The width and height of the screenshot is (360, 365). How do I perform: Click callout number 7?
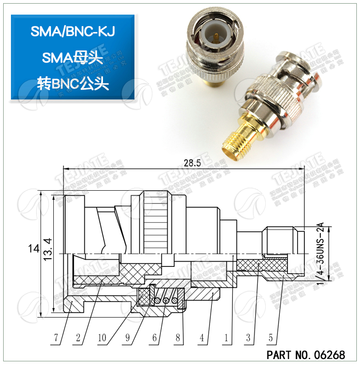click(x=57, y=338)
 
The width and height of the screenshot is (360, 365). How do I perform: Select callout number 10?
click(x=102, y=338)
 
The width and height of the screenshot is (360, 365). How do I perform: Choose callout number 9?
click(x=128, y=338)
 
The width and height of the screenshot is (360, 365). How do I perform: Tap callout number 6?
click(x=154, y=338)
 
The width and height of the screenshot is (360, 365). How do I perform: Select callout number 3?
click(x=248, y=338)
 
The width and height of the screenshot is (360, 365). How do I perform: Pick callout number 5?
click(x=271, y=338)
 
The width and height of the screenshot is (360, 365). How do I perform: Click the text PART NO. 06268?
click(x=306, y=355)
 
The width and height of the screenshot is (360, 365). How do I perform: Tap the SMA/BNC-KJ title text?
click(x=72, y=31)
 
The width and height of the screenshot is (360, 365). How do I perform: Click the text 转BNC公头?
click(x=72, y=83)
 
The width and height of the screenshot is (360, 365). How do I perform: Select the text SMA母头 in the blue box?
click(x=72, y=57)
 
